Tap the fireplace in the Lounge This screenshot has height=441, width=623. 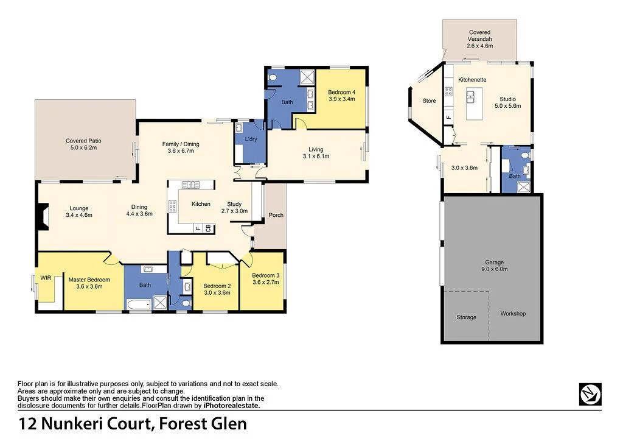coord(41,217)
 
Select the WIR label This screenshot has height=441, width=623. coord(46,278)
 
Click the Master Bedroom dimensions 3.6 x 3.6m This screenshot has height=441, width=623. coord(89,286)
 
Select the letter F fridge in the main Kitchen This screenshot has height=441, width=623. coord(198,228)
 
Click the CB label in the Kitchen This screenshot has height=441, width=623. coord(208,228)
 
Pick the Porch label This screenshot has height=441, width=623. coord(276,215)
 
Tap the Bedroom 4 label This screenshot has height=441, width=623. coord(342,92)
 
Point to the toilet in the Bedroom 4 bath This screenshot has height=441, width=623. coord(273,77)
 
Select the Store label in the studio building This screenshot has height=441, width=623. coord(429,101)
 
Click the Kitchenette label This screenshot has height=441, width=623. coord(472,80)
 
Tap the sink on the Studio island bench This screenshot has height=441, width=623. coord(470,95)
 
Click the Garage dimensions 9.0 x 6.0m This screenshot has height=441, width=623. coord(492,269)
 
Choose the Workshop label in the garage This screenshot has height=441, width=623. coord(513,314)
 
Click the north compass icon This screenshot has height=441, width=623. coord(590,394)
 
